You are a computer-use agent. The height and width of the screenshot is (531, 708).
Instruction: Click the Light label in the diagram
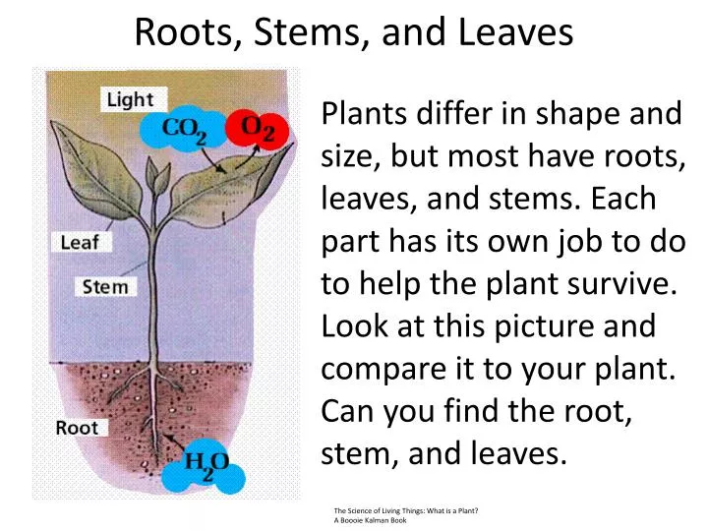(x=131, y=98)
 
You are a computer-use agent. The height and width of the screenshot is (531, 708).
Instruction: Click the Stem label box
(x=105, y=287)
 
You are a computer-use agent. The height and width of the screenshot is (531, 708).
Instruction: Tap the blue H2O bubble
(x=205, y=463)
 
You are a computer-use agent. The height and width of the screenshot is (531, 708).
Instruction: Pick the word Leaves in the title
(x=515, y=33)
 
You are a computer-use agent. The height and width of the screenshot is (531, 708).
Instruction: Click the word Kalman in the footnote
(x=380, y=519)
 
